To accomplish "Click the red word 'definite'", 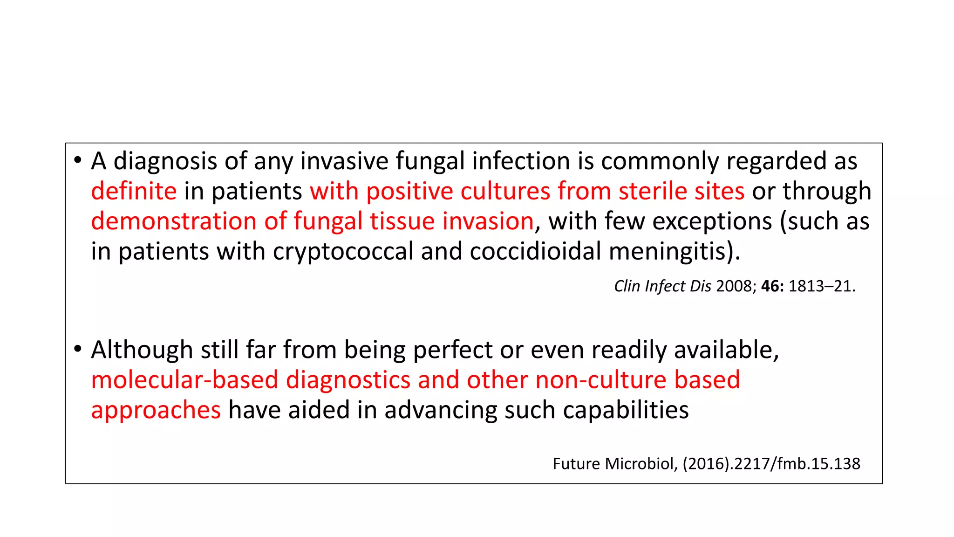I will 134,191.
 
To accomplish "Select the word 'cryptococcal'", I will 343,252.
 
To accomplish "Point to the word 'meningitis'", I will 671,252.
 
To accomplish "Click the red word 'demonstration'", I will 174,221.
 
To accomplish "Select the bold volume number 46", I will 771,286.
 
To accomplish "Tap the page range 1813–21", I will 821,286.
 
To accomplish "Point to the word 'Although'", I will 142,350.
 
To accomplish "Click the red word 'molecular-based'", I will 184,380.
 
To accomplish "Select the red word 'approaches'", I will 156,410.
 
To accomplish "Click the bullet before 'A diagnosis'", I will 78,160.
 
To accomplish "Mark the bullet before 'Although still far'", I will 78,349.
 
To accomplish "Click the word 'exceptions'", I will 712,221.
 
